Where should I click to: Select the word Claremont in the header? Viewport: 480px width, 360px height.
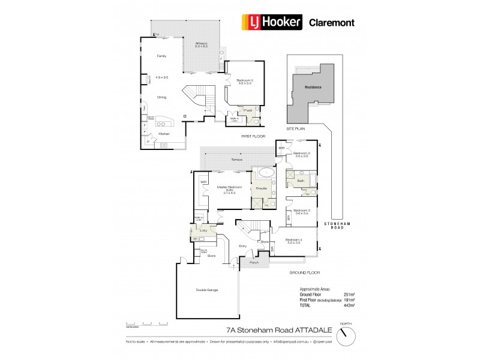(331, 23)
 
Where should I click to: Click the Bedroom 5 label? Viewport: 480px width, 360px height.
(245, 80)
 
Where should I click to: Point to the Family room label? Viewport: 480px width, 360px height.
(161, 56)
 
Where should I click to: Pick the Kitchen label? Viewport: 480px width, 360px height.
(164, 134)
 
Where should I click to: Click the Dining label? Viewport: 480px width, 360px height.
(161, 97)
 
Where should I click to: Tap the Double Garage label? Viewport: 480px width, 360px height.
(206, 290)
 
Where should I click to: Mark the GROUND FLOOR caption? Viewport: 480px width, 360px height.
(302, 272)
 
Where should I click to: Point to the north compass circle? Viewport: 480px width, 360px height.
(344, 336)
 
